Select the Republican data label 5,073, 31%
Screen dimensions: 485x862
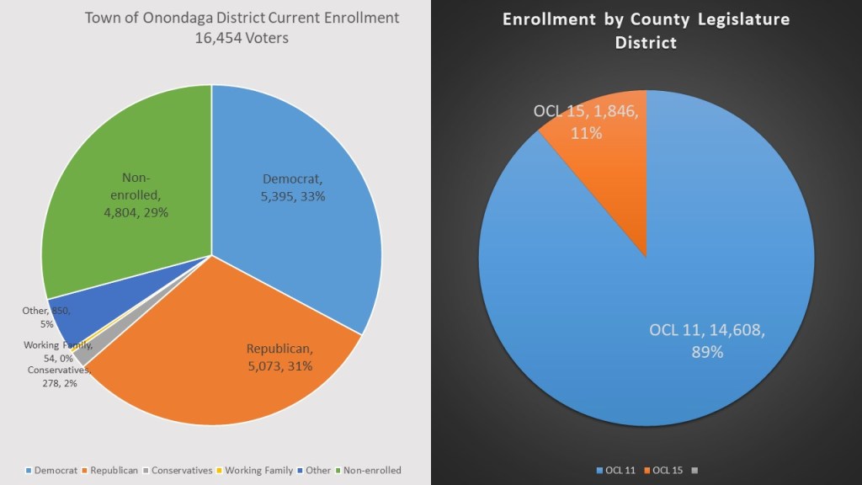pos(279,357)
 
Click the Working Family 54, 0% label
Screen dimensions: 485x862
pos(58,351)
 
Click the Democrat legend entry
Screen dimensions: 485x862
pos(53,470)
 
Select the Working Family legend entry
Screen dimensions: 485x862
pos(253,470)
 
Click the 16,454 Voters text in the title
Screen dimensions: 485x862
pos(242,38)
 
